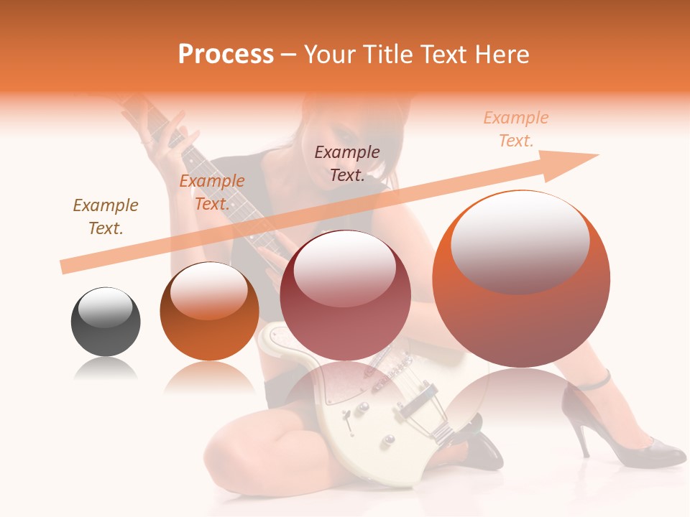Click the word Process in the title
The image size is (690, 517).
tap(226, 55)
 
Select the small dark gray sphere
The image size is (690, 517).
tap(106, 321)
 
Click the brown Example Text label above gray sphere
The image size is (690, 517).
tap(106, 217)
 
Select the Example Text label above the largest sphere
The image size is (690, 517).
tap(515, 129)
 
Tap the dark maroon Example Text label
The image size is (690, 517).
tap(347, 164)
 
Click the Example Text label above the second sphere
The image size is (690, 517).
tap(211, 192)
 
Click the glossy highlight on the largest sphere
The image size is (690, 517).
tap(520, 237)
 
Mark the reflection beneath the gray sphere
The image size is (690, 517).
tap(106, 369)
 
